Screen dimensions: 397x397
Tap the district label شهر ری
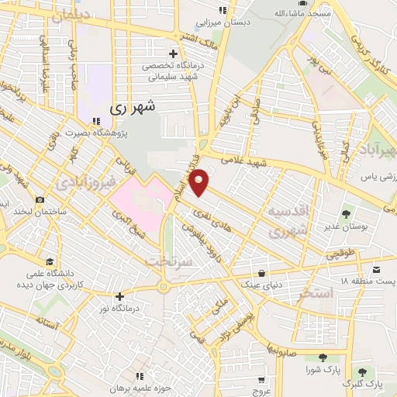click(x=133, y=108)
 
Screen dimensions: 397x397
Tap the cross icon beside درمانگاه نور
click(x=119, y=296)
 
